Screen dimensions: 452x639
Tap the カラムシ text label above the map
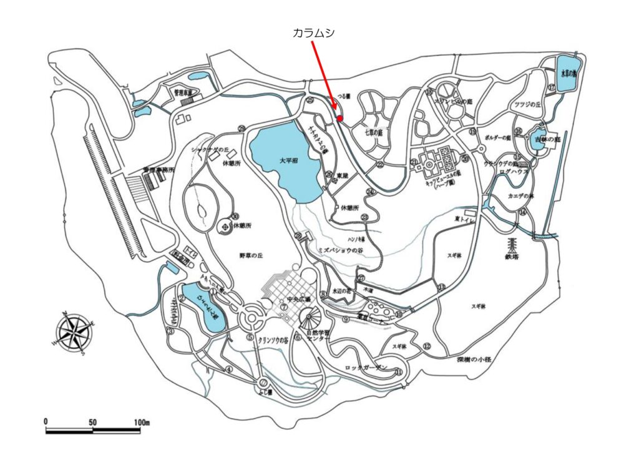click(314, 34)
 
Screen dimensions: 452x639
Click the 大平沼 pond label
click(288, 160)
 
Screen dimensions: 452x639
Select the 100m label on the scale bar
click(142, 423)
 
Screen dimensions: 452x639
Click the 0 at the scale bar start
click(47, 423)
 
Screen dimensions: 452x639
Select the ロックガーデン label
click(366, 368)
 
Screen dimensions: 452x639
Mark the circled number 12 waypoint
click(427, 346)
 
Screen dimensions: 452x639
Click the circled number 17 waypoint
click(552, 88)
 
